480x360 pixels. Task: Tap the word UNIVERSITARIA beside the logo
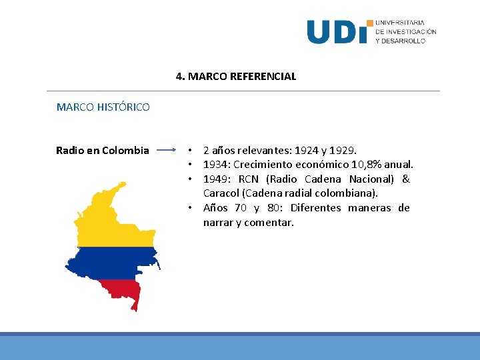[x=400, y=23]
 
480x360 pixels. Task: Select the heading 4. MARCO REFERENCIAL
[x=236, y=77]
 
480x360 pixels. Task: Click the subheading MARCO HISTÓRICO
[x=103, y=107]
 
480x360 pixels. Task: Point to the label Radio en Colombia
[x=103, y=151]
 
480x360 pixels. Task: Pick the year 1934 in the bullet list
[x=215, y=165]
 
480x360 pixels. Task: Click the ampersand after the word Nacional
[x=406, y=179]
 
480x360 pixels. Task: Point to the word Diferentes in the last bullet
[x=317, y=208]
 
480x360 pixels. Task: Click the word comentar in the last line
[x=269, y=223]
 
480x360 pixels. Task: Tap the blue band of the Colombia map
[x=110, y=263]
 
